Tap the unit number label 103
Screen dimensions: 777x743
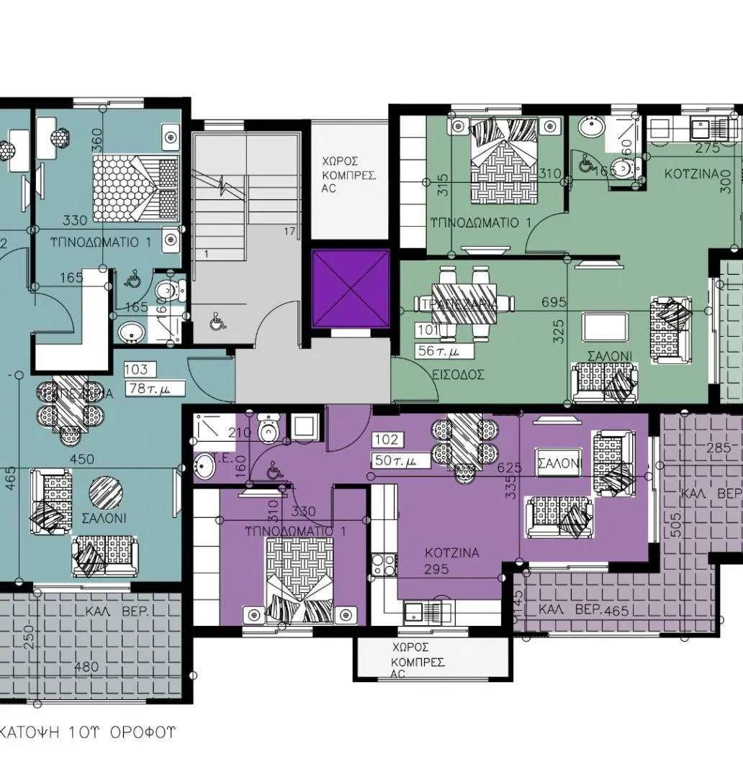pos(136,370)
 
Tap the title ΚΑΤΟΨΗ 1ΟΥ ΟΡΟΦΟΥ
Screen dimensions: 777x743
pos(87,733)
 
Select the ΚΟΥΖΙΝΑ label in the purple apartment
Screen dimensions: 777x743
pos(451,553)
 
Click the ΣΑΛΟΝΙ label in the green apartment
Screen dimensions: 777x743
pos(609,355)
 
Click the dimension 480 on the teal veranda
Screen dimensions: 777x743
pos(86,667)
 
